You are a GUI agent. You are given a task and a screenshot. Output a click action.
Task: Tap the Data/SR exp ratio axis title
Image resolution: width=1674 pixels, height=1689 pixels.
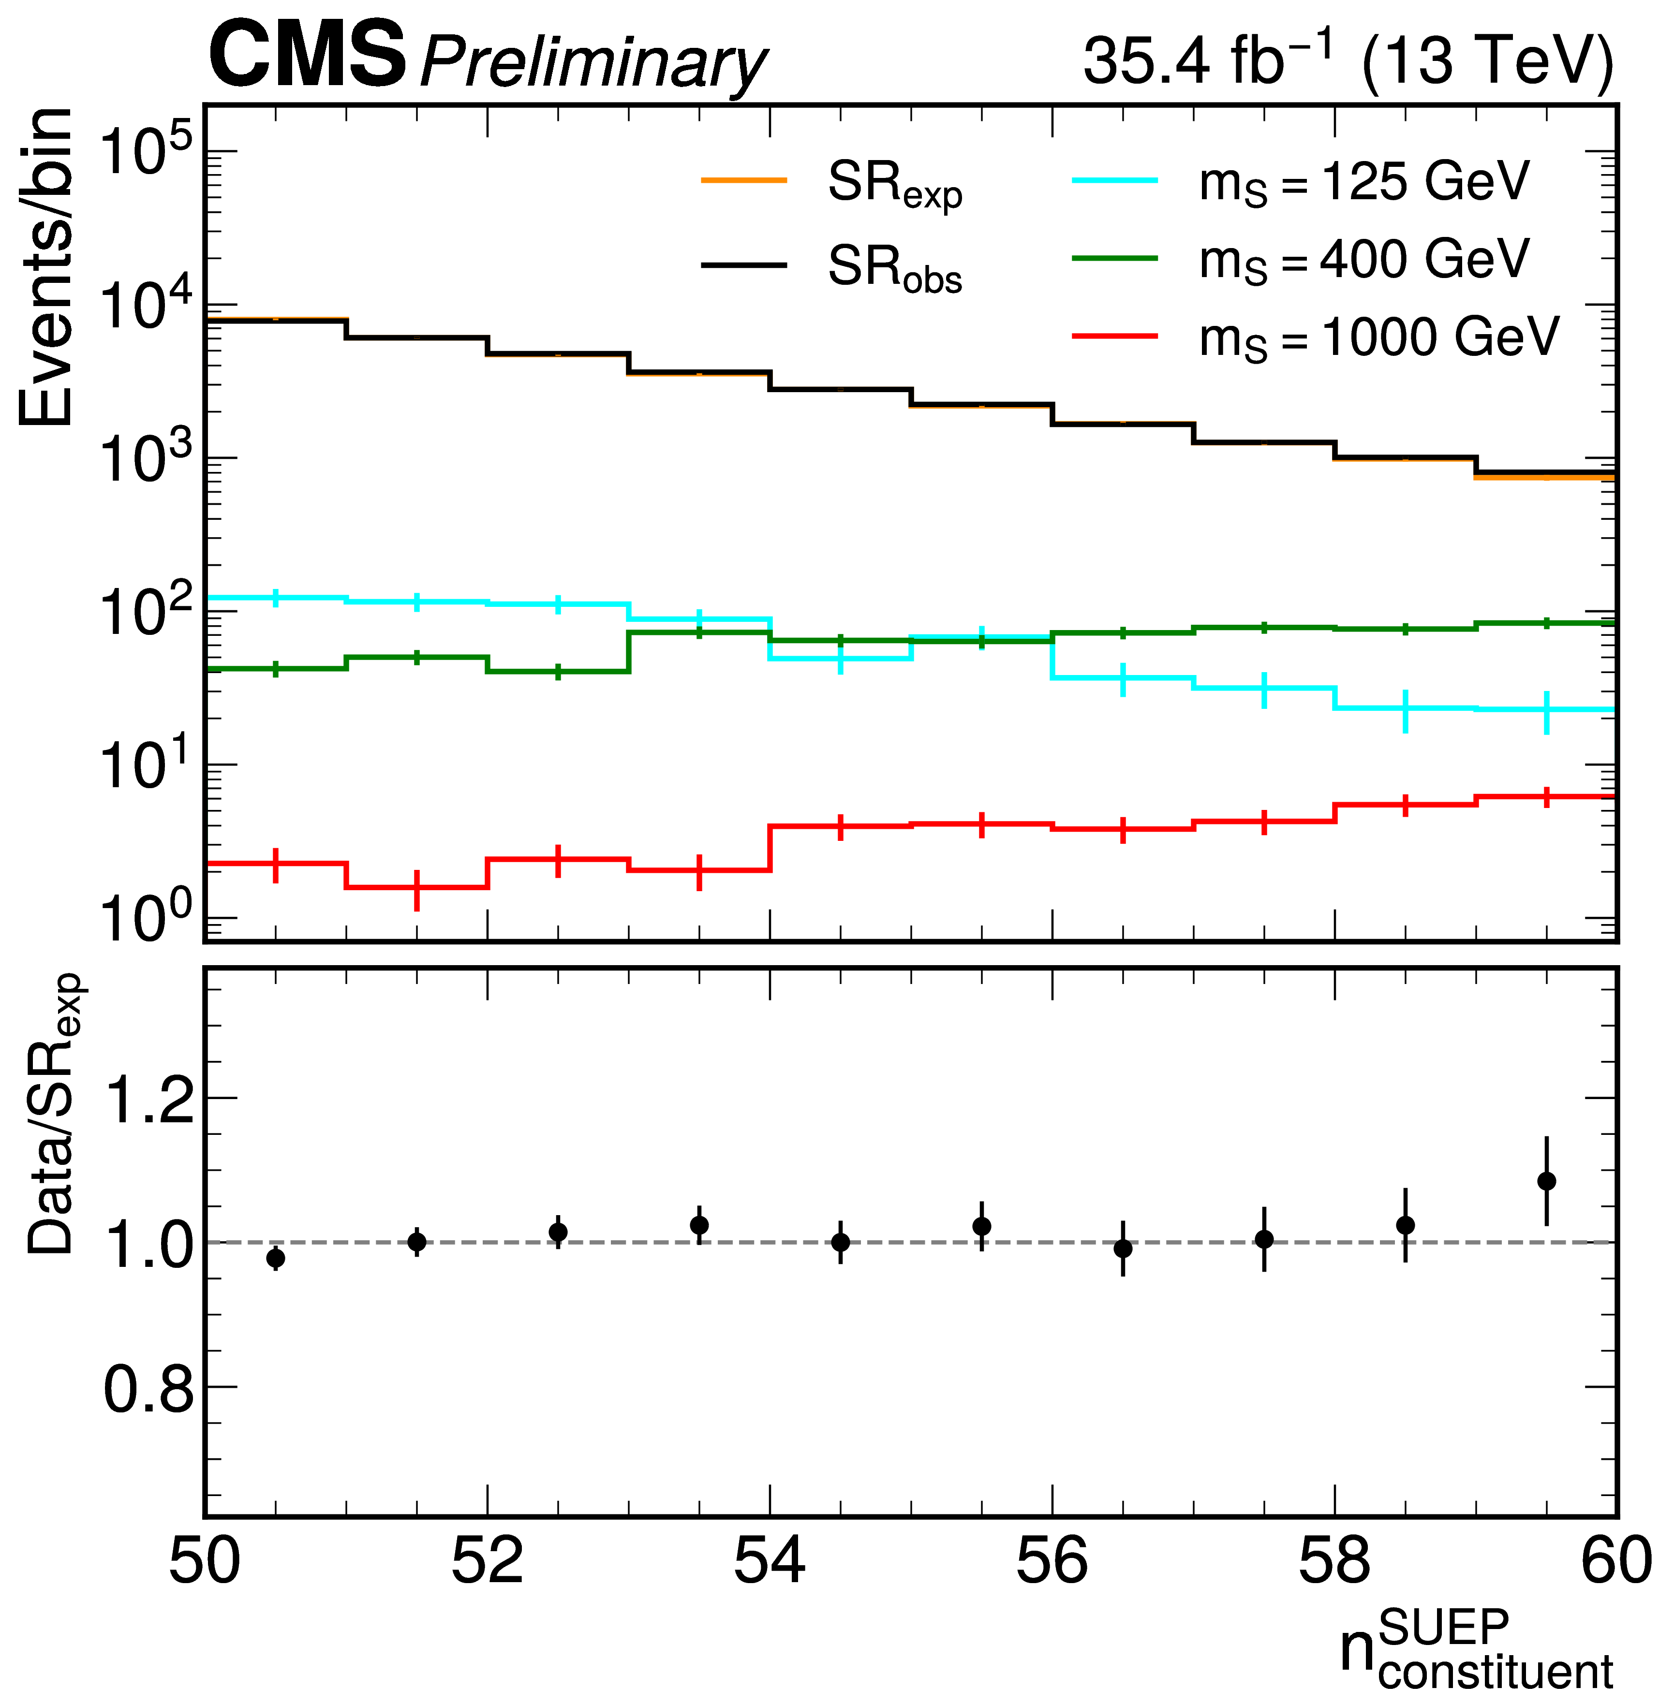tap(52, 1115)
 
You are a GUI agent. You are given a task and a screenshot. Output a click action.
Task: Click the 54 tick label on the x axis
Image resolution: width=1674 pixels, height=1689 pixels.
tap(770, 1560)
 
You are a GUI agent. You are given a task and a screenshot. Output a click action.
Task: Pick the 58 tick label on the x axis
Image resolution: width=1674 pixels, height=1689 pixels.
tap(1334, 1560)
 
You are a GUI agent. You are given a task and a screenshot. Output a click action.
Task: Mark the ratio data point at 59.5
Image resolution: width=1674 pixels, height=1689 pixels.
tap(1546, 1182)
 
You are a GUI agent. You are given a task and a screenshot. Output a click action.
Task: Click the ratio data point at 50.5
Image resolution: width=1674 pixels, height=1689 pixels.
tap(276, 1259)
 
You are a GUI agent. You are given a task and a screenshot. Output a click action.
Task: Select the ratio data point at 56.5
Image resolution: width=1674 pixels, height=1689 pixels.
tap(1123, 1248)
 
